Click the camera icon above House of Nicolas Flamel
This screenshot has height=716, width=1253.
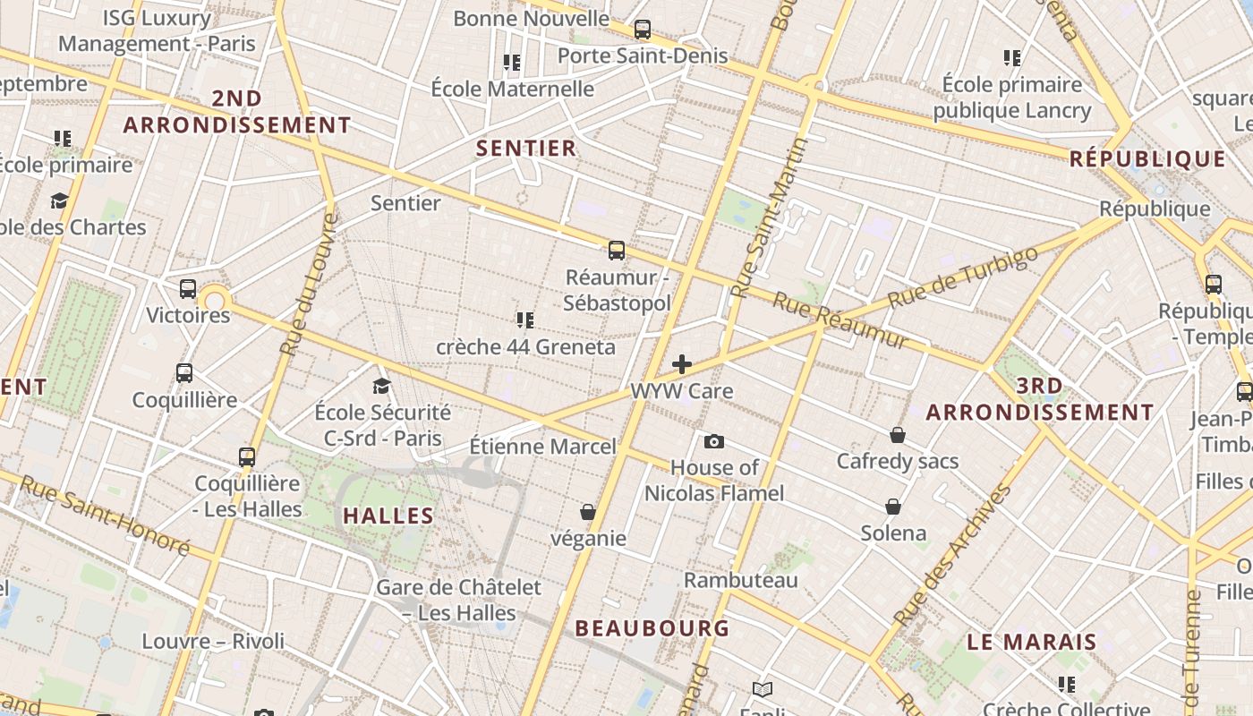[713, 441]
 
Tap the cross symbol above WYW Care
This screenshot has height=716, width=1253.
[682, 364]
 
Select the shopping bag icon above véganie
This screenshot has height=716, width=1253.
[588, 512]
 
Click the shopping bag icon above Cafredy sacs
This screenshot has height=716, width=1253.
[898, 435]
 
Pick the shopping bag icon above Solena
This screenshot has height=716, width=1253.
[893, 507]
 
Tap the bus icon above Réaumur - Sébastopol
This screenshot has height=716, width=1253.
[616, 251]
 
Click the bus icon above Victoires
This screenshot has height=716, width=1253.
[188, 289]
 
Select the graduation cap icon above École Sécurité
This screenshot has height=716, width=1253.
[382, 386]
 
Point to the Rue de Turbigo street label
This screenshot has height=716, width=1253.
[964, 277]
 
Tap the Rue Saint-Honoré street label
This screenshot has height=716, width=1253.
[104, 515]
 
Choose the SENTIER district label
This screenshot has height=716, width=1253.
[526, 149]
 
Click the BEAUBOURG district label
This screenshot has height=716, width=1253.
[652, 628]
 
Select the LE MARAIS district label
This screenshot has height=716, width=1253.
[1032, 642]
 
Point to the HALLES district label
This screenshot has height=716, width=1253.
[388, 516]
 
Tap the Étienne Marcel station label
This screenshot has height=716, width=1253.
[543, 446]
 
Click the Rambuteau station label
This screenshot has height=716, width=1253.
[740, 580]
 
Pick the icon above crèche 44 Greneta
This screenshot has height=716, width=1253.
[525, 320]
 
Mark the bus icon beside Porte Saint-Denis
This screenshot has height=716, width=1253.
[642, 30]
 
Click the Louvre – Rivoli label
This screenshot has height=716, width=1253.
[213, 641]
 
